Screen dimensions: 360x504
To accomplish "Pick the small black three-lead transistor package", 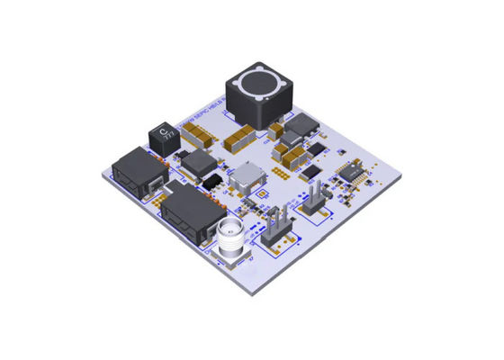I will (x=212, y=183).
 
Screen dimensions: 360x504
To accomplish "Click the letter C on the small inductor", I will (x=163, y=132).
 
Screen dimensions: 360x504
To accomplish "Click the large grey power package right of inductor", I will (x=297, y=136).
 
